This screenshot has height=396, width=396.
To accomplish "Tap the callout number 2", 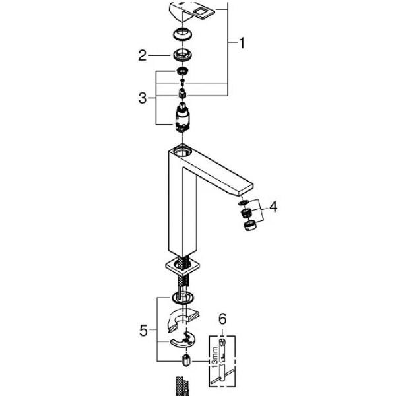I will (x=142, y=56).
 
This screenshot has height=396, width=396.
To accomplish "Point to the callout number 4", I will (x=273, y=207).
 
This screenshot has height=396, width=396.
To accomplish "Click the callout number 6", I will (x=222, y=319).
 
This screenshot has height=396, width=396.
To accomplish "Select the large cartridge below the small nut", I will (x=181, y=119).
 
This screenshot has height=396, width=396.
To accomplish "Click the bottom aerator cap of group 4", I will (x=249, y=228).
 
